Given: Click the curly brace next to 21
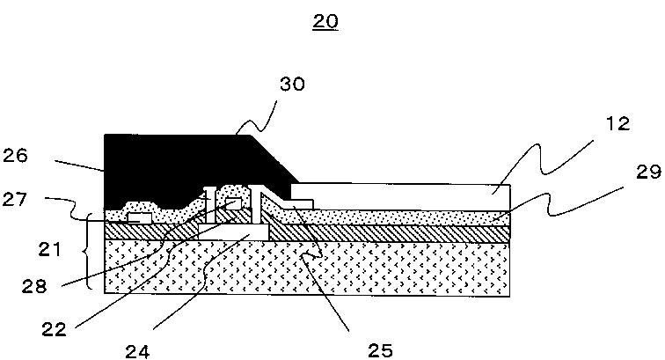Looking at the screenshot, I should click(x=90, y=251).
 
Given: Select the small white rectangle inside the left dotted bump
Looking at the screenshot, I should click(x=138, y=214).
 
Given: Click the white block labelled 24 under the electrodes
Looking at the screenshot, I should click(x=232, y=229).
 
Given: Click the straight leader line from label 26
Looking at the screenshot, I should click(x=79, y=165).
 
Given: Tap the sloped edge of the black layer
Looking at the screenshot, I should click(x=272, y=158).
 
